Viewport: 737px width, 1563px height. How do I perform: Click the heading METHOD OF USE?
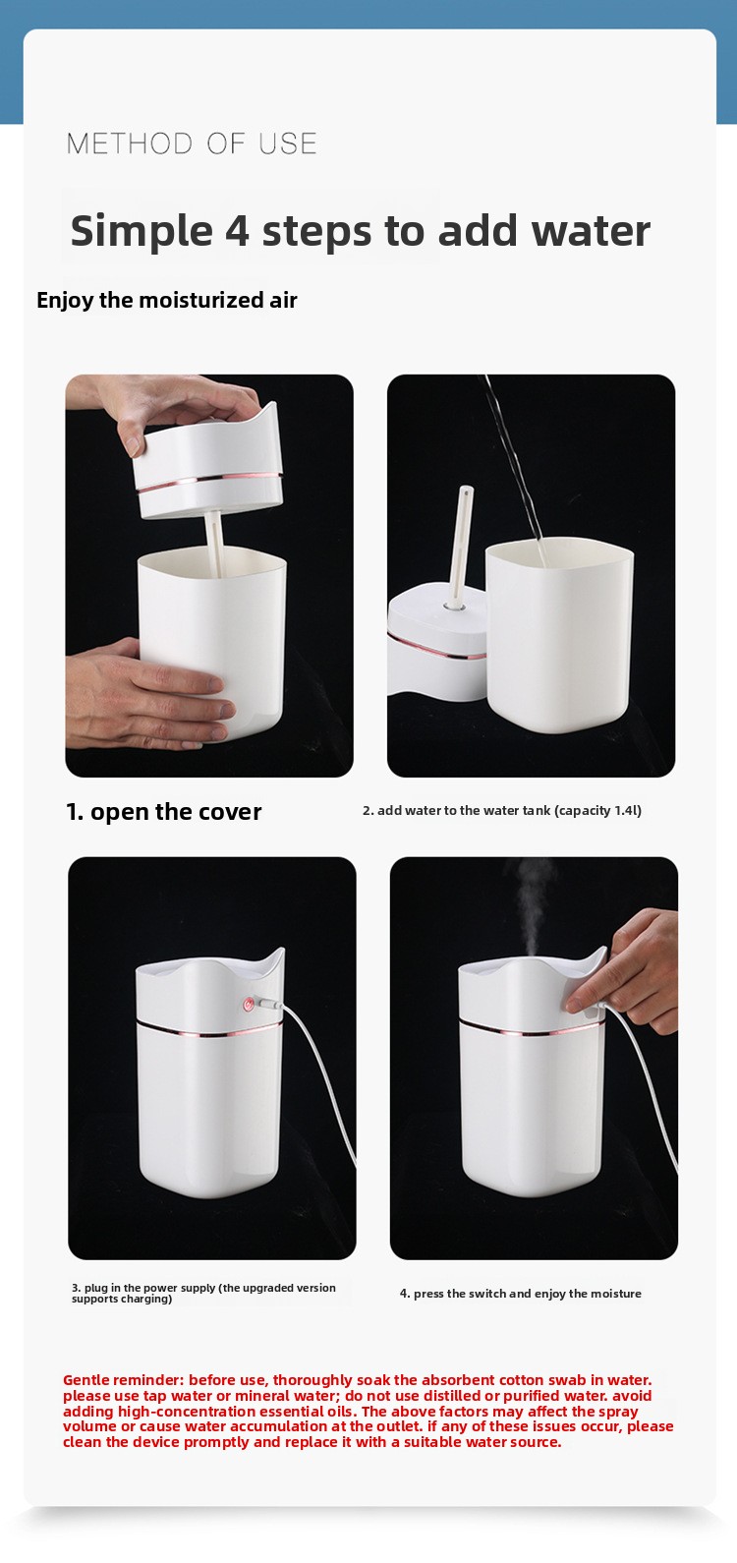pyautogui.click(x=192, y=144)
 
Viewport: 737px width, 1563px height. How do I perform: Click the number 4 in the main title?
pyautogui.click(x=237, y=231)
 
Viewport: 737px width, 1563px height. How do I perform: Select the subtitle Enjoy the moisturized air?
pyautogui.click(x=167, y=300)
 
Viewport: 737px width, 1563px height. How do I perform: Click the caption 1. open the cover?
pyautogui.click(x=164, y=812)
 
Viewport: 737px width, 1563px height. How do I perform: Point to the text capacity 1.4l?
pyautogui.click(x=598, y=810)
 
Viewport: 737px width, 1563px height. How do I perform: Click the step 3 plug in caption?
pyautogui.click(x=203, y=1293)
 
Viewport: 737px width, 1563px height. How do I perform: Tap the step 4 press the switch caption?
pyautogui.click(x=520, y=1293)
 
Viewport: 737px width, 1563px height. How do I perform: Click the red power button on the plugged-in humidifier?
pyautogui.click(x=248, y=1004)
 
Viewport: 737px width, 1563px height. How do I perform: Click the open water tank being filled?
pyautogui.click(x=559, y=635)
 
